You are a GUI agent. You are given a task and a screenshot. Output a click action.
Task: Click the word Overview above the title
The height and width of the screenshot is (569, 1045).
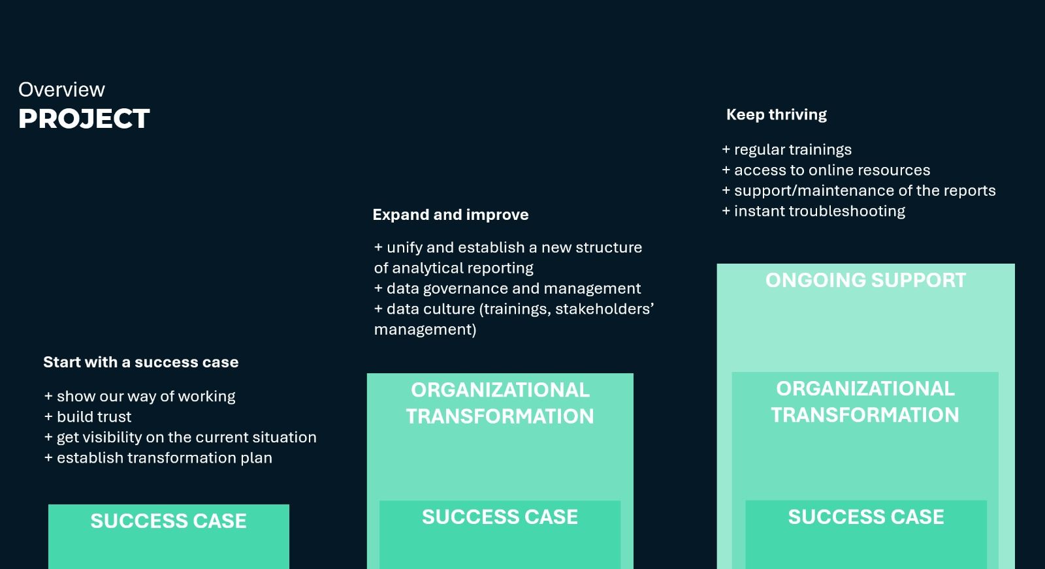click(61, 89)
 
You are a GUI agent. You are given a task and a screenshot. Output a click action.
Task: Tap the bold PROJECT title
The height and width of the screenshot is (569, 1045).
click(84, 118)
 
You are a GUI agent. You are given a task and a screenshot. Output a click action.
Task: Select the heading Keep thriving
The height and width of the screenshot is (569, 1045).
click(777, 115)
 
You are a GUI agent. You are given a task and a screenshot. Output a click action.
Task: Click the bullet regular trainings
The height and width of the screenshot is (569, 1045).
click(786, 149)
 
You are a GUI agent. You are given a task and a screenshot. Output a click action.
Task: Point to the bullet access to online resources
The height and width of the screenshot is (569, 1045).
click(826, 170)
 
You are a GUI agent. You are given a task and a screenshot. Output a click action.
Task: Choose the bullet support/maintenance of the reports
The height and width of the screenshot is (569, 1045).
click(858, 191)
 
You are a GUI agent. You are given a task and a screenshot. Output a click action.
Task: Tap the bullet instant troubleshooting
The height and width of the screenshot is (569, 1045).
click(814, 211)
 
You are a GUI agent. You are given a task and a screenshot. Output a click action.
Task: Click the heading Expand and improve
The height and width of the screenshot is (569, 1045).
click(451, 215)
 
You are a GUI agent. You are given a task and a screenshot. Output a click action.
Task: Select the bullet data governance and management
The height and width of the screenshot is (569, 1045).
click(507, 288)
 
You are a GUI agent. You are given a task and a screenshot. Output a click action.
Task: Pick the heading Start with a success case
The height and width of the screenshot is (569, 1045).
click(141, 362)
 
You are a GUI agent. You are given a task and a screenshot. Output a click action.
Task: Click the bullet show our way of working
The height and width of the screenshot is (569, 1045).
click(140, 396)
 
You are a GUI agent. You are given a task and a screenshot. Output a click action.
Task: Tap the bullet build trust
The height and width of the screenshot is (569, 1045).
click(88, 416)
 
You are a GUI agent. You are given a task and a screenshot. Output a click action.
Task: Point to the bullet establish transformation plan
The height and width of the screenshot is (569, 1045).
click(158, 457)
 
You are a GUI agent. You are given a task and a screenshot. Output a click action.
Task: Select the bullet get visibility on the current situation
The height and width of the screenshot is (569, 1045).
click(180, 437)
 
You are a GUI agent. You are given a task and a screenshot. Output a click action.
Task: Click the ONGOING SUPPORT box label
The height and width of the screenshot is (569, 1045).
click(865, 280)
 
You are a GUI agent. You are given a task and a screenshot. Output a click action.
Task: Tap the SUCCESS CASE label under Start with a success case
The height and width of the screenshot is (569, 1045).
click(169, 521)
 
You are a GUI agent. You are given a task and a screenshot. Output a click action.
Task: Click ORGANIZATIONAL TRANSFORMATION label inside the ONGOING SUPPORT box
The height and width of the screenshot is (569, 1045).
click(865, 402)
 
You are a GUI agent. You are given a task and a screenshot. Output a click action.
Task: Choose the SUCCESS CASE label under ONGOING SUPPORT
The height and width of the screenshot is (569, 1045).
click(866, 517)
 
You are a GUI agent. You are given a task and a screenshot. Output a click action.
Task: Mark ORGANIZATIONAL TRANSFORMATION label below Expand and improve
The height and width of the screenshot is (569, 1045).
click(500, 403)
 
